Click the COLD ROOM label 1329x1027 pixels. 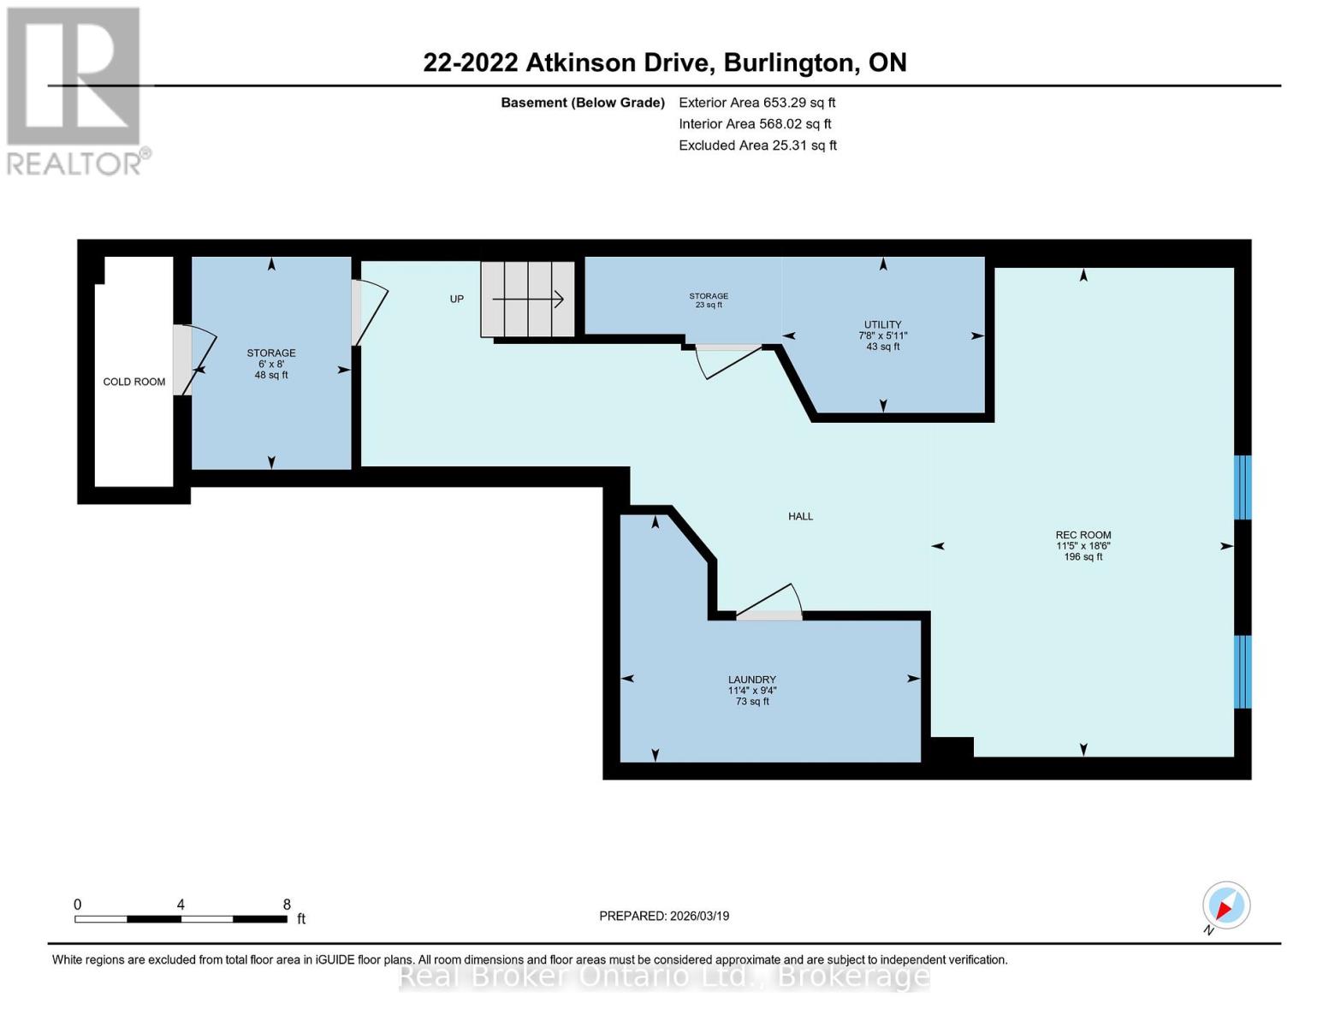[134, 382]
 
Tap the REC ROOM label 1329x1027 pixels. [1083, 535]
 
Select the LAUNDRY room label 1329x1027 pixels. [752, 680]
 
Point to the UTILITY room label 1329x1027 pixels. [882, 324]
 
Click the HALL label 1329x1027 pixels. [800, 516]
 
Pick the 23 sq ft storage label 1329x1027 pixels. [709, 300]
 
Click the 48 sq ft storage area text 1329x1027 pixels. [271, 375]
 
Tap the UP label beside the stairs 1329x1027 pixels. [457, 299]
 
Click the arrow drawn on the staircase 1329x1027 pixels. [528, 299]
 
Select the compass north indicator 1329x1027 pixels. [1225, 905]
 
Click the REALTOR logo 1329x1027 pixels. [74, 91]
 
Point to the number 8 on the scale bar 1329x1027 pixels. [287, 905]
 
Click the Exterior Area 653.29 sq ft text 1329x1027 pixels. [756, 102]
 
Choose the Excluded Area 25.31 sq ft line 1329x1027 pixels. [757, 145]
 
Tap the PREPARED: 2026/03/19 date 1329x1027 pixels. [664, 916]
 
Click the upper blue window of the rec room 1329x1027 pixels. [1242, 487]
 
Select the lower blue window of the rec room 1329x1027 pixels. [1242, 672]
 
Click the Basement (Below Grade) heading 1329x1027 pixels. [583, 102]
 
